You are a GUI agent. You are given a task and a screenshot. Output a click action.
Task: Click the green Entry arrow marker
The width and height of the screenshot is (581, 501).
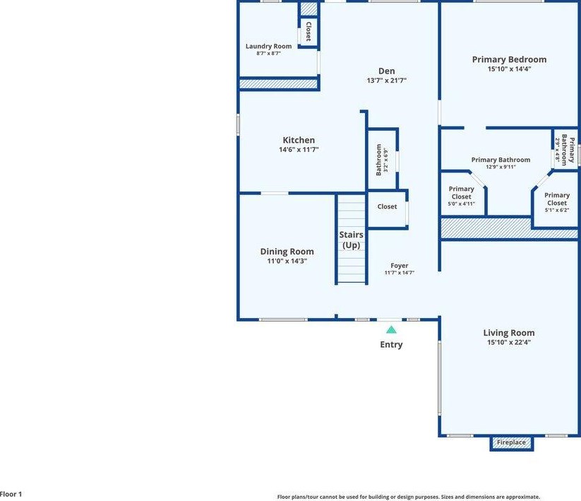[391, 330]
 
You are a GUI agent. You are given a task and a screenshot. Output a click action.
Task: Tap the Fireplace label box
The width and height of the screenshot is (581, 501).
[511, 442]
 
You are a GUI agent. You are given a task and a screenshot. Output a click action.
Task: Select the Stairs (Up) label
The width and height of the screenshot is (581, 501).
[351, 240]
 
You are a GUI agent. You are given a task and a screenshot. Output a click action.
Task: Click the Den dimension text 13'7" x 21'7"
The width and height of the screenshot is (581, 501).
[386, 81]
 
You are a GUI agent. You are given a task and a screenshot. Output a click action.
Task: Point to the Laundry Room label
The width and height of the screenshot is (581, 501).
[269, 46]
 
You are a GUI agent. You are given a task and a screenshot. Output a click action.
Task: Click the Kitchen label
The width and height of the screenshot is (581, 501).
[299, 140]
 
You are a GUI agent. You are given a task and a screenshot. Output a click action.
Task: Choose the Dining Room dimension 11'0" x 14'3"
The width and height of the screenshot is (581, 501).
[287, 261]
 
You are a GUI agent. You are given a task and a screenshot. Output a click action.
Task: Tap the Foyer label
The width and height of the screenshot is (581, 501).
[400, 266]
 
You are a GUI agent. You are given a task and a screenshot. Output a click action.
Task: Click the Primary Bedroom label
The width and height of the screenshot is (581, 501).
[509, 59]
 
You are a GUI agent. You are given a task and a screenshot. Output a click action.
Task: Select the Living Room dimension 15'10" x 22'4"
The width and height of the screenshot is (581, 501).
[509, 342]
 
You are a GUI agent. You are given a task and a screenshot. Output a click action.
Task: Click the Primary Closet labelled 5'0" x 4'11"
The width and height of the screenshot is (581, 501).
[461, 196]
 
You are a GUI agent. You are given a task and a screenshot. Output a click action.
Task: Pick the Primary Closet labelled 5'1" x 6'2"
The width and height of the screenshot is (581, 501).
[557, 203]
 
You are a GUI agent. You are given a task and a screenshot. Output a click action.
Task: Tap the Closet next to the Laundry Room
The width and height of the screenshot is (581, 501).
[309, 31]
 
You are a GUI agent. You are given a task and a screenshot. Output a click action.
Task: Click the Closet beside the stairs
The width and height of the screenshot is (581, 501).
[387, 206]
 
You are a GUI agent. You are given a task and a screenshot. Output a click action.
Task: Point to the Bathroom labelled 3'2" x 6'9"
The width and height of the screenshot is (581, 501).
[382, 160]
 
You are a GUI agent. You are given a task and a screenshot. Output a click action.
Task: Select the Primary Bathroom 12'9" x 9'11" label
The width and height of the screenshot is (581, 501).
[501, 163]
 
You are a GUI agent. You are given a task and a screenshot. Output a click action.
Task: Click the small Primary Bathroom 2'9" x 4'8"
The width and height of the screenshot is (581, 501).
[565, 150]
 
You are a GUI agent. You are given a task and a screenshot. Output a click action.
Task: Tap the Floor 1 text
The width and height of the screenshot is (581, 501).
[11, 494]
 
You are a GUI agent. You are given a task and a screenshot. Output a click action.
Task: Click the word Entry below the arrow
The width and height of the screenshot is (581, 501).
[391, 345]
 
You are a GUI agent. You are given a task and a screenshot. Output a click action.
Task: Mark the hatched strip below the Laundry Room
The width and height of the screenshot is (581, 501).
[278, 84]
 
